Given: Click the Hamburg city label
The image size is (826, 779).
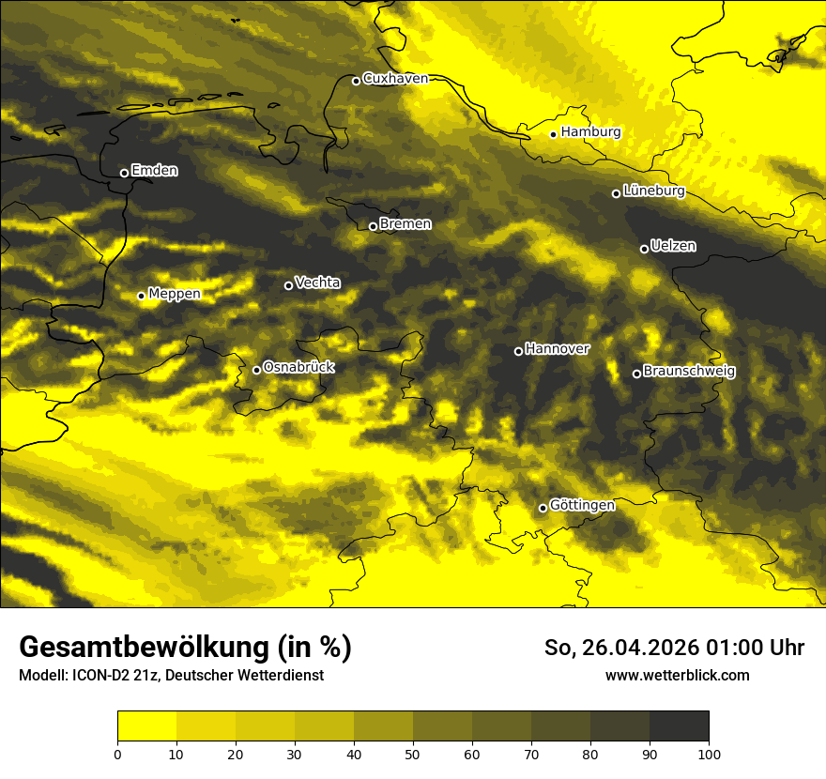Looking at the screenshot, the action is [x=590, y=132].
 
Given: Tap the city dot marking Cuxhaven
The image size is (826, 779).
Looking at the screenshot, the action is [x=356, y=81].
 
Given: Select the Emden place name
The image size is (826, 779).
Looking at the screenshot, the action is [x=154, y=171].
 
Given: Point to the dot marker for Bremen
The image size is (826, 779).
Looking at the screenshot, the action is [x=373, y=226].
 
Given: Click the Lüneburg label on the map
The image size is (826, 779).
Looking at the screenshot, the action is [x=653, y=191].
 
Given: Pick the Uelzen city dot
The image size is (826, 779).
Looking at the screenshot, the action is [x=644, y=249].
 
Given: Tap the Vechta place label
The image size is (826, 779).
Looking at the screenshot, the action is [x=317, y=283].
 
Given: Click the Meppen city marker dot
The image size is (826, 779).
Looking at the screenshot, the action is [x=142, y=296].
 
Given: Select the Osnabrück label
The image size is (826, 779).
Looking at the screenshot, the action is [x=298, y=367].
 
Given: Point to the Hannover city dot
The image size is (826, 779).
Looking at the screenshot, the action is [x=518, y=351].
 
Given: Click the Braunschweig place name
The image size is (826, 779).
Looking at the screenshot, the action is [x=689, y=371].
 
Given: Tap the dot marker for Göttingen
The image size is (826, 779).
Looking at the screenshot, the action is [x=543, y=508].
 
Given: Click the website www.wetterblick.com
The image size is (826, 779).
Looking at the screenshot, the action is [x=677, y=675].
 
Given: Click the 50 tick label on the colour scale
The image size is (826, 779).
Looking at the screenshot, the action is [x=413, y=754].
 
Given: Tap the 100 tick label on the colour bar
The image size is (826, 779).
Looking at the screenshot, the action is [x=708, y=754].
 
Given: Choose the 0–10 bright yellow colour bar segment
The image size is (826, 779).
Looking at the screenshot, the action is [x=147, y=726].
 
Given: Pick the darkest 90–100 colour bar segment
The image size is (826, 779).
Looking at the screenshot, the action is [x=679, y=726].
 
